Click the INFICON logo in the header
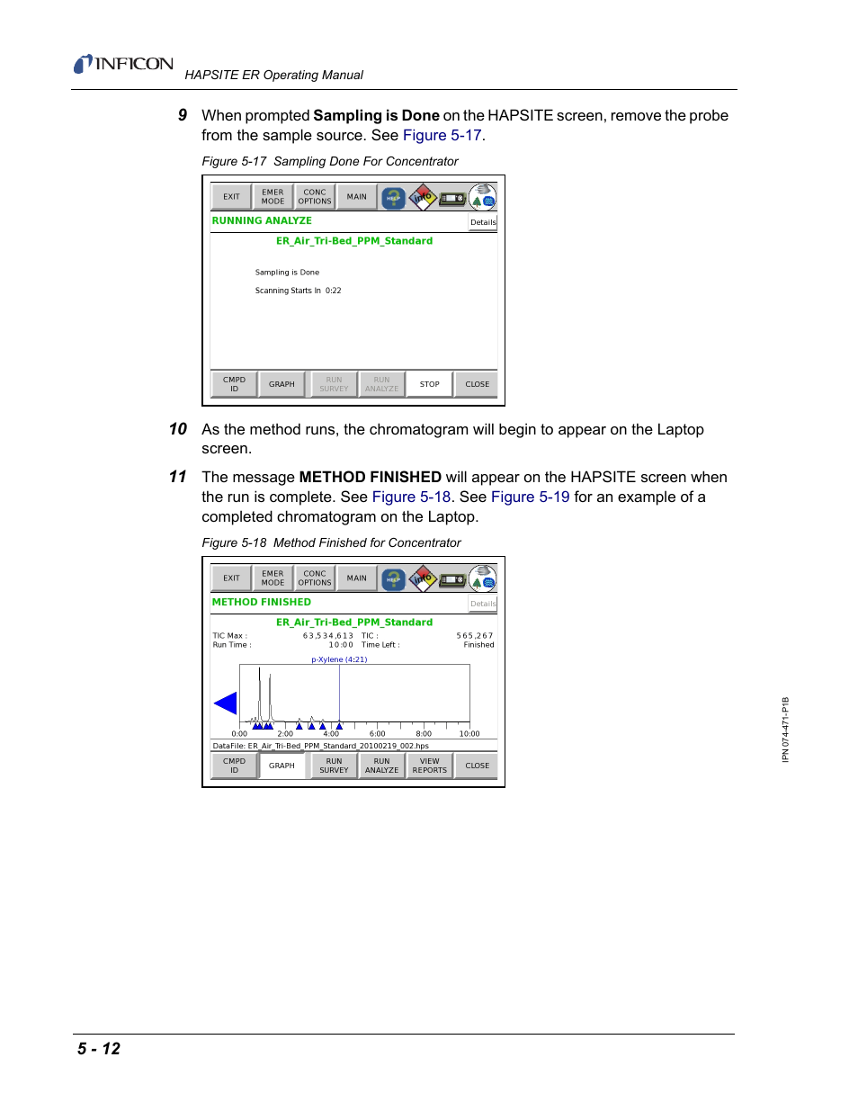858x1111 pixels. [x=124, y=64]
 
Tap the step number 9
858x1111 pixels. [x=183, y=115]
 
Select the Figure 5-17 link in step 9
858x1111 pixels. [x=442, y=135]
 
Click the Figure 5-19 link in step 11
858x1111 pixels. [x=530, y=497]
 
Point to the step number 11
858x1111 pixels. [x=178, y=477]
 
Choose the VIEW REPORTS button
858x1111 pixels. [x=429, y=766]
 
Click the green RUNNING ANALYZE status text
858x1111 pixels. [x=262, y=220]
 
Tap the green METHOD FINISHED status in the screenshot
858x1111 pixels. [x=262, y=602]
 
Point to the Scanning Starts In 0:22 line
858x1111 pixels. [x=298, y=291]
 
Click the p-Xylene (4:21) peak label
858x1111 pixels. [x=339, y=659]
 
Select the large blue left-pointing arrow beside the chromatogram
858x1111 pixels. [x=226, y=703]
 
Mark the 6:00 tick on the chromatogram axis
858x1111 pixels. [x=378, y=733]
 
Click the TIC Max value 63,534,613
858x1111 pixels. [x=328, y=636]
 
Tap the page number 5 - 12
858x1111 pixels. [x=99, y=1049]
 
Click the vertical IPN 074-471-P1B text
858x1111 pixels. [x=785, y=730]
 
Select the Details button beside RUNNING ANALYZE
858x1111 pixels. [x=483, y=222]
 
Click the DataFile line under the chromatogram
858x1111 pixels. [x=321, y=746]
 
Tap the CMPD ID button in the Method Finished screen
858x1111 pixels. [x=234, y=766]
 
